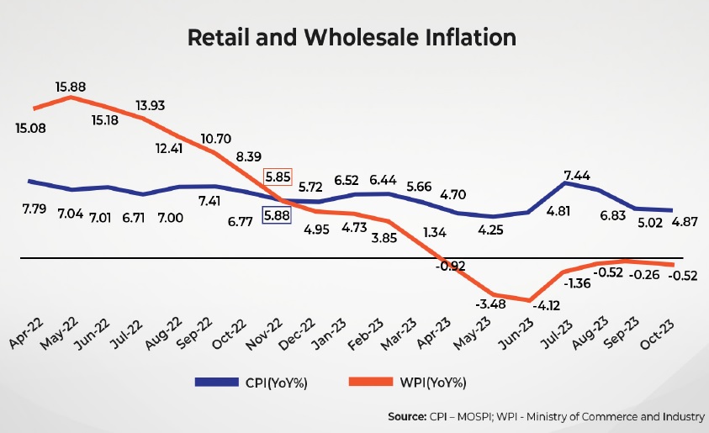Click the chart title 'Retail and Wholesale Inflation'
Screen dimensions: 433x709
coord(352,38)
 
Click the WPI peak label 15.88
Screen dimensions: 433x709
coord(70,86)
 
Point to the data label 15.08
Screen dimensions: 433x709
coord(31,128)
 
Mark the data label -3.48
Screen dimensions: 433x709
coord(491,302)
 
